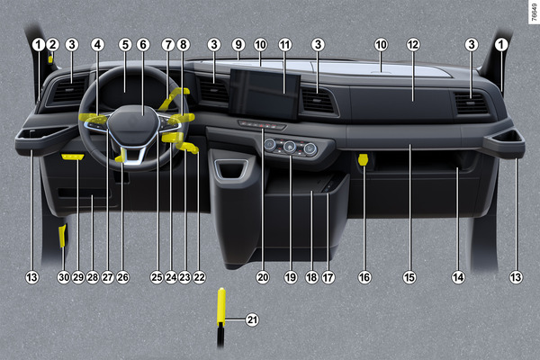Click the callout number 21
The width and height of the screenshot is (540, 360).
[x=252, y=319]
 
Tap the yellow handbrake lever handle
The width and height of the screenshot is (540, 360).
[x=221, y=307]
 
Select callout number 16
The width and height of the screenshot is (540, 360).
[x=364, y=277]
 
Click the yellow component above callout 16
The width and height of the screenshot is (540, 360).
[x=363, y=160]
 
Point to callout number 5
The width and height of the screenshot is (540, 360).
[x=125, y=44]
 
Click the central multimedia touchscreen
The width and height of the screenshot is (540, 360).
[x=265, y=93]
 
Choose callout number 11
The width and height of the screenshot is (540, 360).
[x=284, y=44]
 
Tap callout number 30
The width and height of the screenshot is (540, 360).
[x=64, y=277]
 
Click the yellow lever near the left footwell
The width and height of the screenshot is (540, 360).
[x=62, y=236]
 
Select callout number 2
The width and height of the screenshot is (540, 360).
[x=53, y=44]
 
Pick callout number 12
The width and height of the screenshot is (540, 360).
[x=413, y=44]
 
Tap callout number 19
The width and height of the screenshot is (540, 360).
[x=291, y=277]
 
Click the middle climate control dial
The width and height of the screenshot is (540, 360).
[x=291, y=147]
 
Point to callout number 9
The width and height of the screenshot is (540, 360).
[x=238, y=44]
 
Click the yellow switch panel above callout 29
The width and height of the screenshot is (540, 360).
[x=73, y=157]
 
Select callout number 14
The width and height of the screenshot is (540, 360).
[x=458, y=277]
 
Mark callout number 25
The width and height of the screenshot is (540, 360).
[x=157, y=277]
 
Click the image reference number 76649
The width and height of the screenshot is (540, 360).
[x=534, y=12]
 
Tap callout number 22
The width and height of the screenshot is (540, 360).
[x=200, y=277]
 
